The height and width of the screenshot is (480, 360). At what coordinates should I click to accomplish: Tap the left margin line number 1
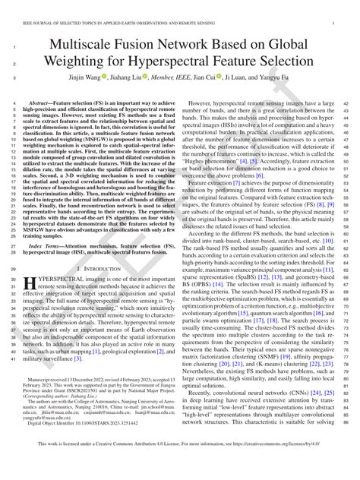point(14,48)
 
